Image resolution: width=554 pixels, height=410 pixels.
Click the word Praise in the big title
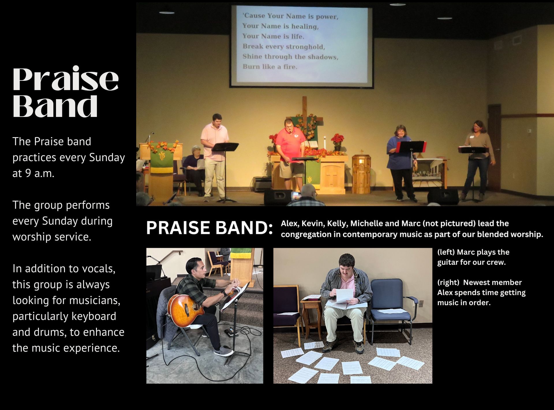pos(66,79)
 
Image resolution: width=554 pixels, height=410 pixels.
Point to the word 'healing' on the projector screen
pos(305,26)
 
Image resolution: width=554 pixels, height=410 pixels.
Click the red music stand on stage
pos(411,147)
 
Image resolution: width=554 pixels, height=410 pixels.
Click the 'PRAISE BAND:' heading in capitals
pos(209,228)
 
